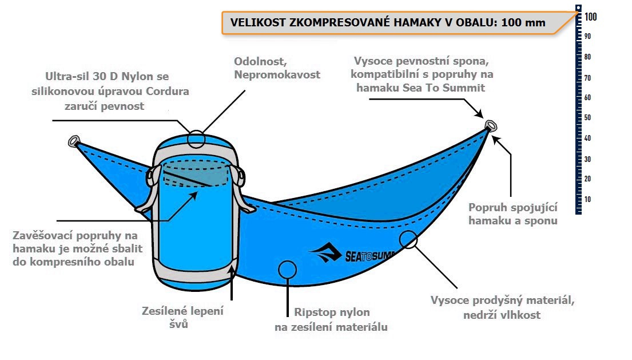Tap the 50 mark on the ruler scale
[588, 117]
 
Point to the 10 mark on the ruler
[588, 199]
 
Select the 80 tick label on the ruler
[588, 57]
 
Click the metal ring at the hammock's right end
[490, 125]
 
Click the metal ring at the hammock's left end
[74, 141]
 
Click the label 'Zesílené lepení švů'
[182, 318]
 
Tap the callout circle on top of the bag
[196, 138]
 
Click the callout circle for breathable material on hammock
[408, 239]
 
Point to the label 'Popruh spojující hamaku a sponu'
[512, 213]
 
